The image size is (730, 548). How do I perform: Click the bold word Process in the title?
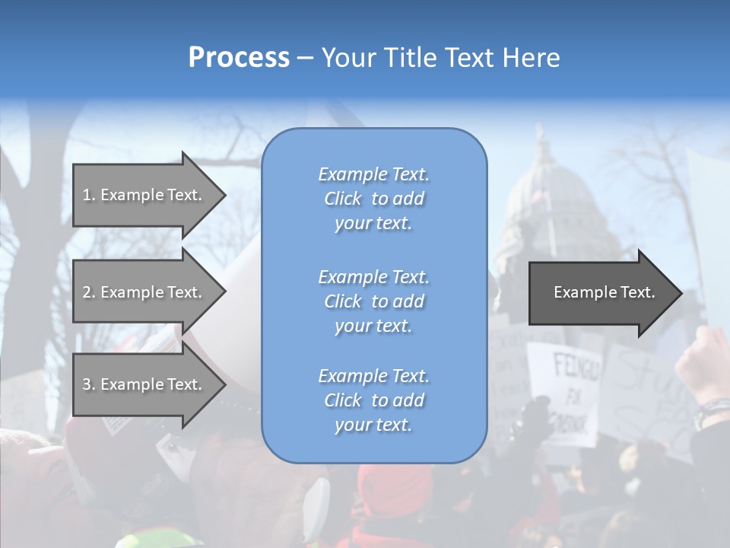click(x=239, y=58)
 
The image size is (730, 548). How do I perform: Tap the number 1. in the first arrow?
click(x=89, y=195)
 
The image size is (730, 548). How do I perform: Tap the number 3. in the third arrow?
click(x=89, y=384)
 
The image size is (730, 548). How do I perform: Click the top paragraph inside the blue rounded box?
click(x=373, y=199)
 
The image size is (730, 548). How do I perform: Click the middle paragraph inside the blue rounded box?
click(x=373, y=301)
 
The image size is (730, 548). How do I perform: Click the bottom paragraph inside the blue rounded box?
click(x=373, y=400)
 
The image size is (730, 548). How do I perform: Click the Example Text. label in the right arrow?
click(x=604, y=292)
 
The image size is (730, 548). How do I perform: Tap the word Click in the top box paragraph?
click(x=343, y=199)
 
